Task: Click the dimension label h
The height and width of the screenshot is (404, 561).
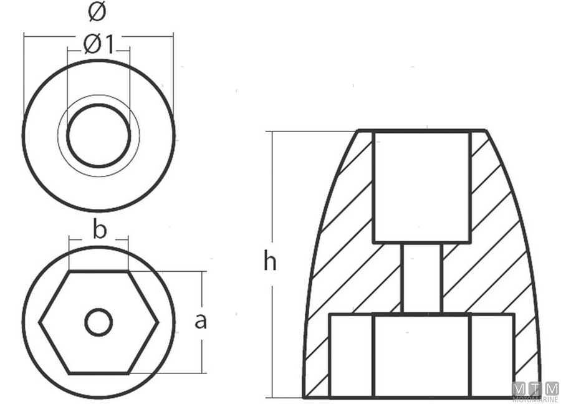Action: [x=269, y=262]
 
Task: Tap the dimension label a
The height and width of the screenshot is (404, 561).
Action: [x=200, y=321]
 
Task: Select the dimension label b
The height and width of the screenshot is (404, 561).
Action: [x=99, y=229]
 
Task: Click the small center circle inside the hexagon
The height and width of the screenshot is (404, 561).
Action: [x=98, y=323]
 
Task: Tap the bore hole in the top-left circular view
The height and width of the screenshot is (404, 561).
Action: [x=98, y=135]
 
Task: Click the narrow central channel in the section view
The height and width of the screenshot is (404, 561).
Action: [x=422, y=278]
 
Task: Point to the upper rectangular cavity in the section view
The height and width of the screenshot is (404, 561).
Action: [x=421, y=187]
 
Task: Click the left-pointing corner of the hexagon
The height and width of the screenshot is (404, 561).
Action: [x=41, y=323]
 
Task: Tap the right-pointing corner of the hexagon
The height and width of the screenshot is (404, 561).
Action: [x=158, y=323]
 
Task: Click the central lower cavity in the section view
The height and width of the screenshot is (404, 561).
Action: [x=421, y=355]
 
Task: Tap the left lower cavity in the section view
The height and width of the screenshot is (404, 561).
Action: [x=351, y=355]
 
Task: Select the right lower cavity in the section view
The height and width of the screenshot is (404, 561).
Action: [x=492, y=355]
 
